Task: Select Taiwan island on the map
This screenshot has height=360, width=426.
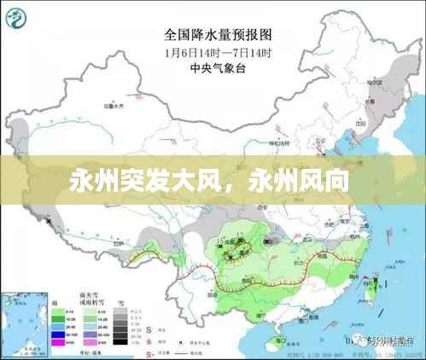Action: [372, 291]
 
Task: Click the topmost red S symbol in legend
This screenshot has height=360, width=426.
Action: [149, 325]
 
